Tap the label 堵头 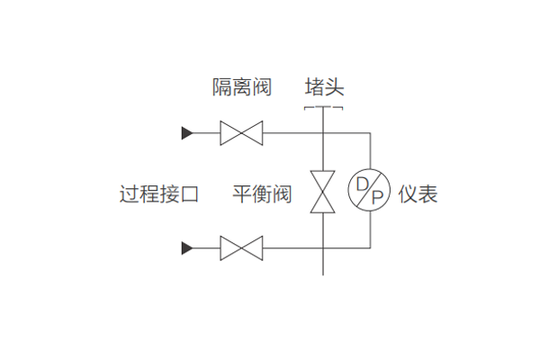pyautogui.click(x=324, y=86)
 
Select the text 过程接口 pyautogui.click(x=159, y=193)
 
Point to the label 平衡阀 pyautogui.click(x=262, y=193)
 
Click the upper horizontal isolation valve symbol pyautogui.click(x=241, y=134)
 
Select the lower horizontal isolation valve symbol pyautogui.click(x=241, y=247)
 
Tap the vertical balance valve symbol pyautogui.click(x=323, y=191)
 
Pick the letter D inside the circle pyautogui.click(x=362, y=184)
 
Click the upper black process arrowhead pyautogui.click(x=187, y=134)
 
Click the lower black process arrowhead pyautogui.click(x=187, y=247)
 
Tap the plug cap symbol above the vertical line pyautogui.click(x=323, y=109)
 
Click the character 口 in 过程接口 pyautogui.click(x=189, y=193)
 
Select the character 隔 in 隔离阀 pyautogui.click(x=221, y=86)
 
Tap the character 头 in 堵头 pyautogui.click(x=334, y=86)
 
